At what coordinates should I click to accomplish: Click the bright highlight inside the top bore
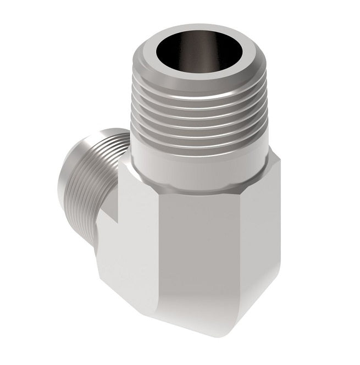pos(220,55)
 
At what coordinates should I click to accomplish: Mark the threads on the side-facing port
pos(96,165)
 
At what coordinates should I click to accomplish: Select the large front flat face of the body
pos(192,247)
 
